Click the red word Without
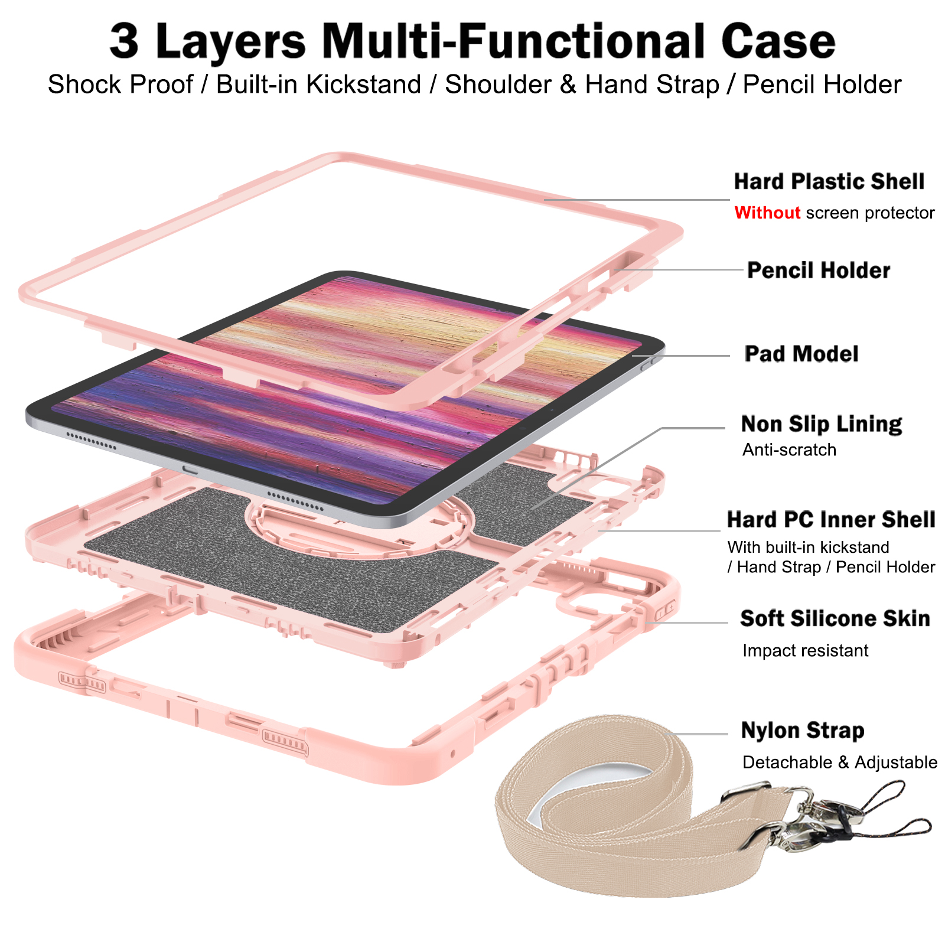pyautogui.click(x=767, y=213)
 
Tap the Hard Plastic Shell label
pyautogui.click(x=829, y=181)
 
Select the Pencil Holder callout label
pyautogui.click(x=818, y=271)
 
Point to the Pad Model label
pyautogui.click(x=801, y=354)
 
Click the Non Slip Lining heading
pyautogui.click(x=822, y=424)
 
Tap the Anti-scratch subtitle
pyautogui.click(x=789, y=450)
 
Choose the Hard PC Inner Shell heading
pyautogui.click(x=831, y=520)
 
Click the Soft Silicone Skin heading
pyautogui.click(x=835, y=618)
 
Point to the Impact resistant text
pyautogui.click(x=806, y=651)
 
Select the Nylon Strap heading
pyautogui.click(x=803, y=731)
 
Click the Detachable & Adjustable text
pyautogui.click(x=840, y=762)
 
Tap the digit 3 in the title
pyautogui.click(x=124, y=41)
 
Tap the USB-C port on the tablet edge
pyautogui.click(x=190, y=469)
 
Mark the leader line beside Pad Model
pyautogui.click(x=680, y=356)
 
